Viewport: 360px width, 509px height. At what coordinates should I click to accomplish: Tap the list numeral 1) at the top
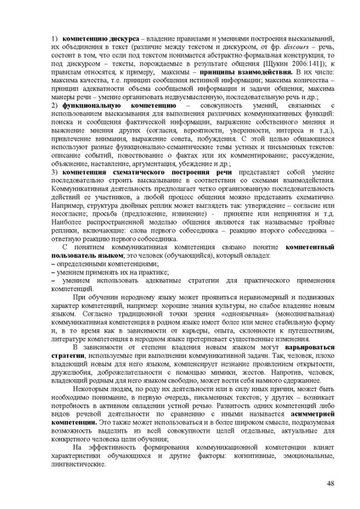(54, 41)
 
